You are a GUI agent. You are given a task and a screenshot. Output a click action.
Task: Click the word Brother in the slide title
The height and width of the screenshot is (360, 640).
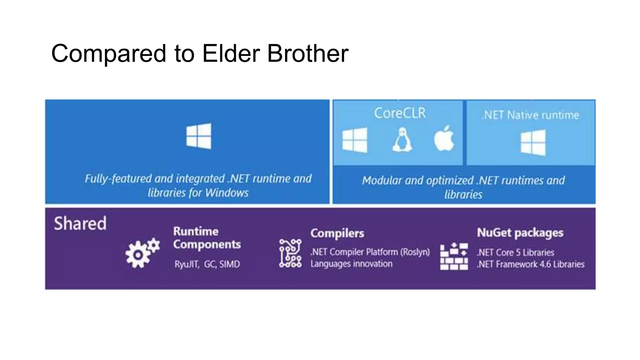coord(307,53)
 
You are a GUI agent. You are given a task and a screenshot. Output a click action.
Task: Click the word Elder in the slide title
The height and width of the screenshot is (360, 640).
coord(231,53)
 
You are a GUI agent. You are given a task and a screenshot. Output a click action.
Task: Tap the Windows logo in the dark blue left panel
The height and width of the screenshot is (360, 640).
coord(199,136)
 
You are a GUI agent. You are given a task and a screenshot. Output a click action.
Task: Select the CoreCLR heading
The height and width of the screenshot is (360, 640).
coord(400,113)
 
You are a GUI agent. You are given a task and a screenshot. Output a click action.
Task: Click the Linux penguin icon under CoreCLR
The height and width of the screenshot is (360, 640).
coord(402,140)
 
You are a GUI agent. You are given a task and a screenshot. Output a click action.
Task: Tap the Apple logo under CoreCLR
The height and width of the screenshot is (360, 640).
coord(444,139)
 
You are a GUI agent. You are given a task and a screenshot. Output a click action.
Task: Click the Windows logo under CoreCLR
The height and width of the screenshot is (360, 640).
coord(355,140)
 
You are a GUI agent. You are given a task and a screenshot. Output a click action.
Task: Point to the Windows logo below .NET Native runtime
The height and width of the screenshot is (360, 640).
coord(533,142)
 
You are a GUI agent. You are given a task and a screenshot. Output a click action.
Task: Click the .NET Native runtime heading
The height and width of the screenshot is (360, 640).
coord(530,115)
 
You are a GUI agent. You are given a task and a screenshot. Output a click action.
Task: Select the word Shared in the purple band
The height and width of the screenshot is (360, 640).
coord(80,223)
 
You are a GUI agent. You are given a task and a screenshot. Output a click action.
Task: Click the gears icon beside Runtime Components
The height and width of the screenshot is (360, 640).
coord(142,253)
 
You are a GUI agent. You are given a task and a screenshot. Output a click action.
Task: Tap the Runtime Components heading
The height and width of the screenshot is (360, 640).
coord(207,238)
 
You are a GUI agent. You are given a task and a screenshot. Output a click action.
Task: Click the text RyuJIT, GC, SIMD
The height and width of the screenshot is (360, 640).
coord(207,264)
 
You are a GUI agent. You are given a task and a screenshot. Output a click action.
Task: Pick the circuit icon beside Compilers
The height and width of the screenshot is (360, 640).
coord(290,253)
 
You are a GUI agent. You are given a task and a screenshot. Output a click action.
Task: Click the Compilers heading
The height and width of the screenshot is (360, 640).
coord(337,233)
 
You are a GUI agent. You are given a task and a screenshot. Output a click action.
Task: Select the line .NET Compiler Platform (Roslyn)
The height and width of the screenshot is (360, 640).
coord(370,252)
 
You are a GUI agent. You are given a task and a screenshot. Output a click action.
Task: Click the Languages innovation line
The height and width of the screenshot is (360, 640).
coord(351,264)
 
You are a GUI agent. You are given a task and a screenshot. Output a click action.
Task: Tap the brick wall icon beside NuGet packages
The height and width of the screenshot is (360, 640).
coord(454,256)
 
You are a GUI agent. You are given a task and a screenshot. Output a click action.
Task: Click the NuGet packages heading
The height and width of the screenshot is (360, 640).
coord(520,233)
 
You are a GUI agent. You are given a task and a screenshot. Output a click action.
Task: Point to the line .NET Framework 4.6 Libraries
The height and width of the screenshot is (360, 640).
coord(531,264)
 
